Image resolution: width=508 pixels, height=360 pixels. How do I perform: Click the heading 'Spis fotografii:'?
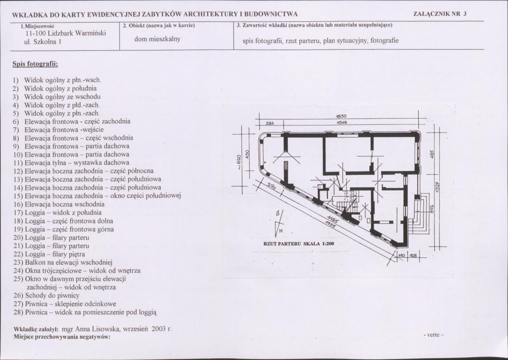[35, 64]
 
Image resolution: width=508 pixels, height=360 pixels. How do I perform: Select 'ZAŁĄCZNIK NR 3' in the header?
[440, 14]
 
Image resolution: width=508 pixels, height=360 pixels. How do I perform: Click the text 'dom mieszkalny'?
[158, 39]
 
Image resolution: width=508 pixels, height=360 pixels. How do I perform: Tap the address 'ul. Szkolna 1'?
[43, 42]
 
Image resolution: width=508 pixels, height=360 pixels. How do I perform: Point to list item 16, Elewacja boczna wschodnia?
[59, 204]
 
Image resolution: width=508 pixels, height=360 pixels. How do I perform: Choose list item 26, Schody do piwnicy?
[47, 295]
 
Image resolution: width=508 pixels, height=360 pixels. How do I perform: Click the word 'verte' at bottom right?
[433, 335]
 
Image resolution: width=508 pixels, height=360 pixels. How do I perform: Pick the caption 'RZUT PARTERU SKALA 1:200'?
[299, 244]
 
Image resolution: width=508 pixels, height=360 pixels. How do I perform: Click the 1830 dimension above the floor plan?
[341, 116]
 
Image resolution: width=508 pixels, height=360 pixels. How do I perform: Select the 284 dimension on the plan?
[270, 123]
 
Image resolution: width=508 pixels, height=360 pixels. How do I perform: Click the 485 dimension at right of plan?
[431, 154]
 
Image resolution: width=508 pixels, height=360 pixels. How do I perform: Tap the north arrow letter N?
[280, 230]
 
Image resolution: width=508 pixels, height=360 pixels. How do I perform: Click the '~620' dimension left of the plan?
[239, 162]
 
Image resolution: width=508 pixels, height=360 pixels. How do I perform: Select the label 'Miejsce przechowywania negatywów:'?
[62, 337]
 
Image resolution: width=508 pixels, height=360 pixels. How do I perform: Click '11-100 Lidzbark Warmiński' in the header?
[65, 33]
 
